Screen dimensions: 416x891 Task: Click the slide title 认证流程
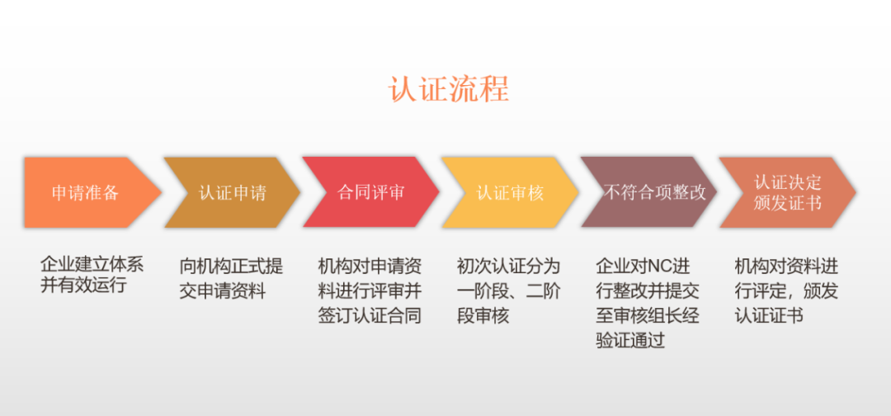pos(449,87)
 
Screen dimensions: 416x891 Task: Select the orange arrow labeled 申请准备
pos(86,192)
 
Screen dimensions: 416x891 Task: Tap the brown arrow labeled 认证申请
pos(232,192)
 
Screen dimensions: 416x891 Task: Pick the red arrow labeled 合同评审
pos(370,192)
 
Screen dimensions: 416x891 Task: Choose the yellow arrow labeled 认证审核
pos(510,192)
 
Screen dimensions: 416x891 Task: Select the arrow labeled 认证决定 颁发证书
pos(787,192)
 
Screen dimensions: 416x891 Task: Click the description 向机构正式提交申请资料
pos(231,278)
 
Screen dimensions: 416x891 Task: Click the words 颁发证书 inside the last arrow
pos(787,203)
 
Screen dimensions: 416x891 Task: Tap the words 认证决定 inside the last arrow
pos(787,182)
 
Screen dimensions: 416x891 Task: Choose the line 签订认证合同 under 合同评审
pos(370,315)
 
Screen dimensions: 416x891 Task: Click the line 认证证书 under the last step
pos(768,315)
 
